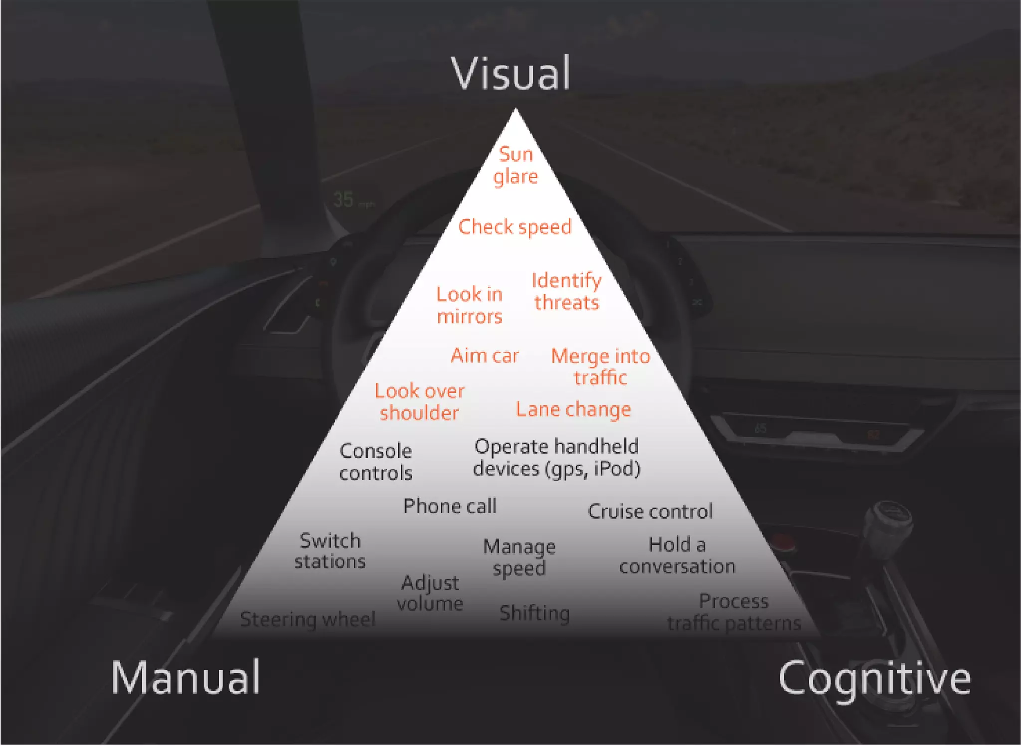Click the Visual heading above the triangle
tap(510, 74)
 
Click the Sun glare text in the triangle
tap(516, 165)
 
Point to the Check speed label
tap(514, 227)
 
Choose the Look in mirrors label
tap(469, 305)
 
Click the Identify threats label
tap(566, 292)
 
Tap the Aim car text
tap(485, 356)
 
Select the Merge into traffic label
tap(600, 367)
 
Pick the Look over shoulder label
tap(419, 402)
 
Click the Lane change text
tap(573, 409)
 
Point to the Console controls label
tap(376, 462)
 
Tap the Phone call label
tap(450, 506)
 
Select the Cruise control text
tap(650, 512)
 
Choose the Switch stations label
tap(330, 551)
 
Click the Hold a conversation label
tap(677, 556)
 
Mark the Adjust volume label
tap(430, 593)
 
